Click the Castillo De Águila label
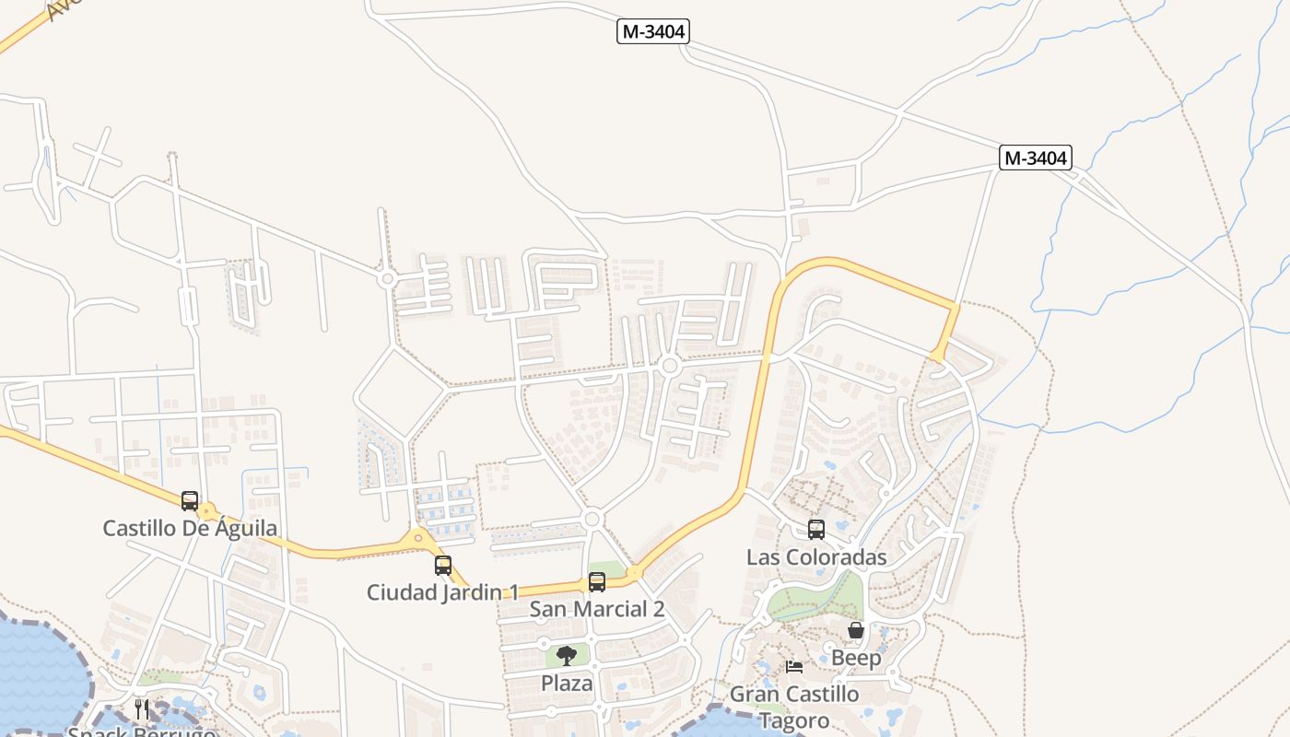(x=190, y=529)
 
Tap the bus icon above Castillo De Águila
(x=190, y=500)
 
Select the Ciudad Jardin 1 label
(x=443, y=592)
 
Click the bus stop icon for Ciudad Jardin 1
(x=443, y=565)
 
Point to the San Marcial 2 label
(x=597, y=609)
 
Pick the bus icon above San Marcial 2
(x=597, y=581)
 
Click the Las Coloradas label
(x=816, y=557)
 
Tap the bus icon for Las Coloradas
(x=816, y=530)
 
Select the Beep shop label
(x=856, y=658)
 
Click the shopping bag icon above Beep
(x=856, y=630)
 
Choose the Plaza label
(x=567, y=684)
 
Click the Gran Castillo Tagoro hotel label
(x=794, y=707)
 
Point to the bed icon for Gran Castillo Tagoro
(x=794, y=667)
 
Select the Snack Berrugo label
(x=142, y=732)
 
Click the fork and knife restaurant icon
(x=142, y=708)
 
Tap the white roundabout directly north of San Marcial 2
(x=592, y=520)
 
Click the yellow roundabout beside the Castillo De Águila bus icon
(x=207, y=511)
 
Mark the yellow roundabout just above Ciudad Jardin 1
(x=418, y=537)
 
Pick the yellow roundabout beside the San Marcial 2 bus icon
(x=634, y=573)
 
